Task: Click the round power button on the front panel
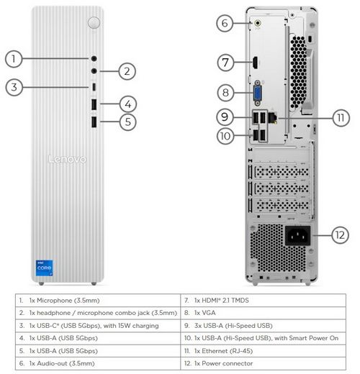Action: [94, 23]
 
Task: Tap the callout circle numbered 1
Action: [14, 59]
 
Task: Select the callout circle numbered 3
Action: [14, 87]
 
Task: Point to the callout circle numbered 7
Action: [225, 63]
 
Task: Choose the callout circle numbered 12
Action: [340, 235]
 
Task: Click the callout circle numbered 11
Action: [341, 118]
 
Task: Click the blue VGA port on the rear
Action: [258, 93]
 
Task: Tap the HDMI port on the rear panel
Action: [255, 63]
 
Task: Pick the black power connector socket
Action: [297, 235]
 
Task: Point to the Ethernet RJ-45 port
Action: [273, 118]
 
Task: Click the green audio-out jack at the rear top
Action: [258, 23]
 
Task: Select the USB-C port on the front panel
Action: [94, 87]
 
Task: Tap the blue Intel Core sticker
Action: [44, 268]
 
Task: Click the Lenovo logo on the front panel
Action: [67, 159]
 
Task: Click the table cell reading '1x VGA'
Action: [263, 313]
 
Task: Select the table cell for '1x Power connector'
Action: [263, 363]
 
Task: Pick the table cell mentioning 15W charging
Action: [98, 326]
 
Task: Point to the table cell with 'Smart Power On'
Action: [263, 338]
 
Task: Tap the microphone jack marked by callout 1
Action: [94, 58]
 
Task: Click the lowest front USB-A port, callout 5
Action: [94, 122]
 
